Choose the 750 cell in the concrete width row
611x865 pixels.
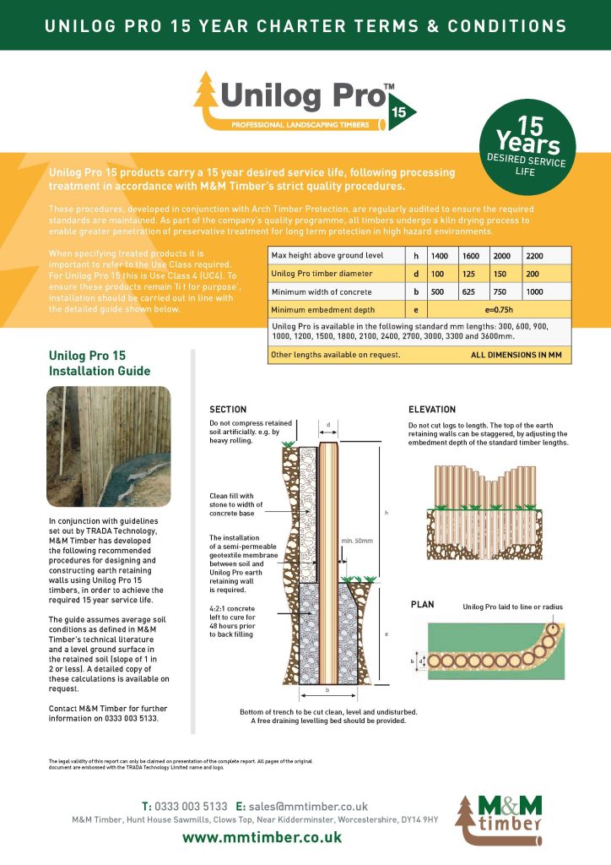tap(502, 292)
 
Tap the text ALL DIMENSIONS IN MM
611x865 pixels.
tap(515, 356)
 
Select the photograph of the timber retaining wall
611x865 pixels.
tap(109, 445)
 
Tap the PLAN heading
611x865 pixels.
tap(422, 605)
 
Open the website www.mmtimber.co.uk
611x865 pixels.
tap(262, 837)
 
